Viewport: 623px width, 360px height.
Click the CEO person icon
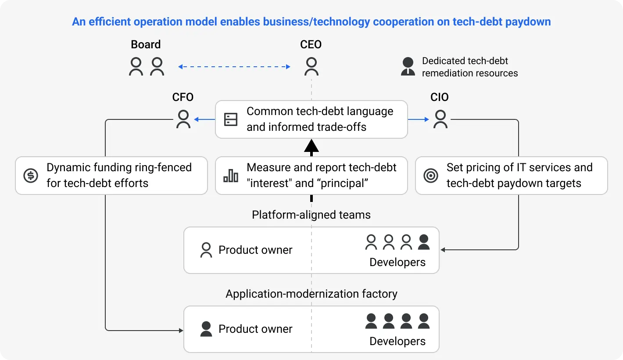311,67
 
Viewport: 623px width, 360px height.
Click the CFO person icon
183,119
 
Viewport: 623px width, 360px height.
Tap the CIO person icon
440,119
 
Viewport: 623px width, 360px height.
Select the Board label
146,44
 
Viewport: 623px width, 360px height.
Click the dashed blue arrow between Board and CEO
234,67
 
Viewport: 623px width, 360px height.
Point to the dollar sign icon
31,176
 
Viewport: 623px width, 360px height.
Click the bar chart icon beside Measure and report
231,176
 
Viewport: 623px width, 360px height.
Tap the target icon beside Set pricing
431,176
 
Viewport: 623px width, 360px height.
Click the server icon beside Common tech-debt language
231,119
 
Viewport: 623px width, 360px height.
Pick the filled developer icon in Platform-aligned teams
424,242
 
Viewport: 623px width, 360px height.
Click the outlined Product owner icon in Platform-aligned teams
206,250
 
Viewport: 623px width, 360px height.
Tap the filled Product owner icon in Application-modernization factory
206,329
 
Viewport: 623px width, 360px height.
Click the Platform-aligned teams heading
311,215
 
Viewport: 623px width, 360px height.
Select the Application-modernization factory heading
311,294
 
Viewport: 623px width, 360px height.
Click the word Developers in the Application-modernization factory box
397,341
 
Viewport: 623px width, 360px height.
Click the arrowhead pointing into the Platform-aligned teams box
443,250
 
